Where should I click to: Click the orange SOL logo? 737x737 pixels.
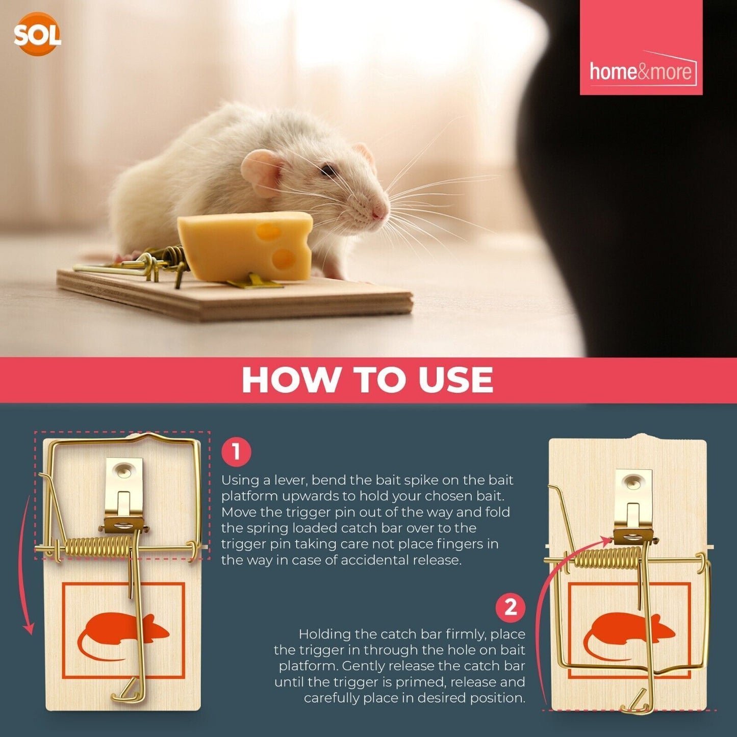(x=37, y=34)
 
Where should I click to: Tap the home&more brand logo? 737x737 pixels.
(x=641, y=71)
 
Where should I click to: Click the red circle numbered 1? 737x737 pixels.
(x=236, y=452)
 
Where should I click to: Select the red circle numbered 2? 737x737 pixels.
(x=511, y=607)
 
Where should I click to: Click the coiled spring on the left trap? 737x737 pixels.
(x=97, y=547)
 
